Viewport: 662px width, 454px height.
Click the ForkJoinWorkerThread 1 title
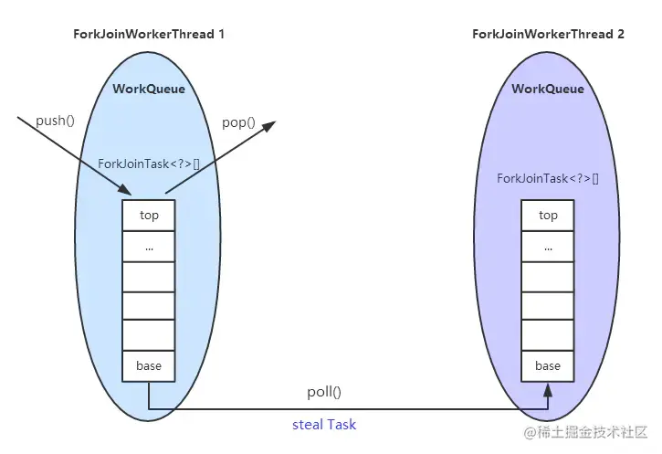click(149, 34)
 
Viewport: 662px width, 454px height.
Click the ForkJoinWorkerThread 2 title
click(548, 34)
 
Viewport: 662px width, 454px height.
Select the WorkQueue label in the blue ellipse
click(149, 89)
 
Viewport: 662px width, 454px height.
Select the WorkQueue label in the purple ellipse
click(548, 89)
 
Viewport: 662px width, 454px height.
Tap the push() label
click(54, 121)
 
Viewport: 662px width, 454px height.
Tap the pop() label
click(239, 121)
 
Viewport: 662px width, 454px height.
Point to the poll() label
click(324, 392)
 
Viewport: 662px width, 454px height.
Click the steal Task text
click(324, 425)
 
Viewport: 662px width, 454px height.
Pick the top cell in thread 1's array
click(149, 215)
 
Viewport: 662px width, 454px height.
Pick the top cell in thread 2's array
click(548, 215)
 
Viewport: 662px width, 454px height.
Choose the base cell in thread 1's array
click(149, 365)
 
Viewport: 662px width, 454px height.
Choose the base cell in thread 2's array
click(548, 365)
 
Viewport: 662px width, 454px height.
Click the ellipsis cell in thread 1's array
click(149, 246)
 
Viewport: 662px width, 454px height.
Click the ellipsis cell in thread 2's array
click(548, 246)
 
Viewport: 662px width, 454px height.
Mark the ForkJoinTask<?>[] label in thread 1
click(149, 164)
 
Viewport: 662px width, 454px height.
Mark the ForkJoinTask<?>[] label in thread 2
click(548, 178)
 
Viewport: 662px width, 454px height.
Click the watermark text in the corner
click(584, 431)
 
